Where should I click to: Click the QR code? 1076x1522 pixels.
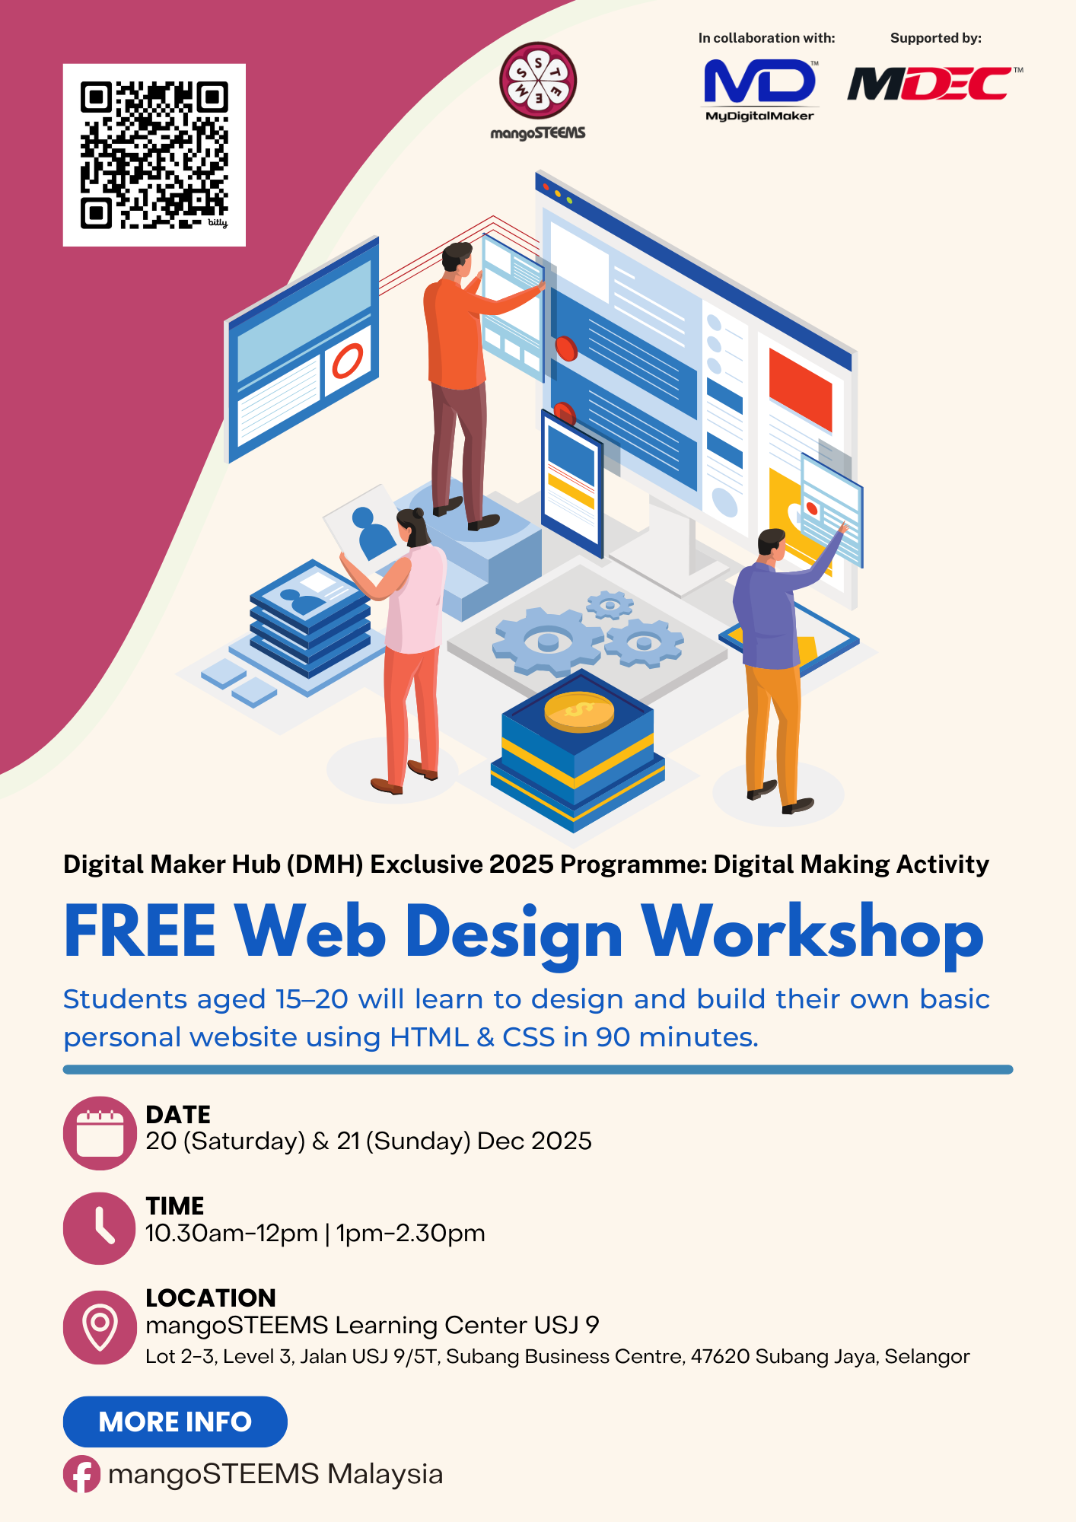point(154,154)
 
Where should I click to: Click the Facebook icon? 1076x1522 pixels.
point(81,1474)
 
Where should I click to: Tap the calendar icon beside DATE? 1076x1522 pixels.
point(100,1133)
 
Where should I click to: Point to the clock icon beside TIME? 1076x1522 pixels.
point(100,1228)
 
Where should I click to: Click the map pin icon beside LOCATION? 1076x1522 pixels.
point(100,1327)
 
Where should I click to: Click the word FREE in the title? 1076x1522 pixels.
point(140,931)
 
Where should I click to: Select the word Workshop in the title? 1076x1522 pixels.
point(812,933)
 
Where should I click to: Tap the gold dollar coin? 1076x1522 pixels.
point(579,712)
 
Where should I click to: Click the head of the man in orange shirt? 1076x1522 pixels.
point(458,259)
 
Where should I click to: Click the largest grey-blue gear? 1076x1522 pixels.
point(547,640)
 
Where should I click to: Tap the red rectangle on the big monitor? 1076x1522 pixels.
point(800,388)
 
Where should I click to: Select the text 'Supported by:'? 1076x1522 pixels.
point(935,38)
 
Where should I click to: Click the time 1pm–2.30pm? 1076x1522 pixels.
point(411,1233)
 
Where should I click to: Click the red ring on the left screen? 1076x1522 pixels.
point(348,360)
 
